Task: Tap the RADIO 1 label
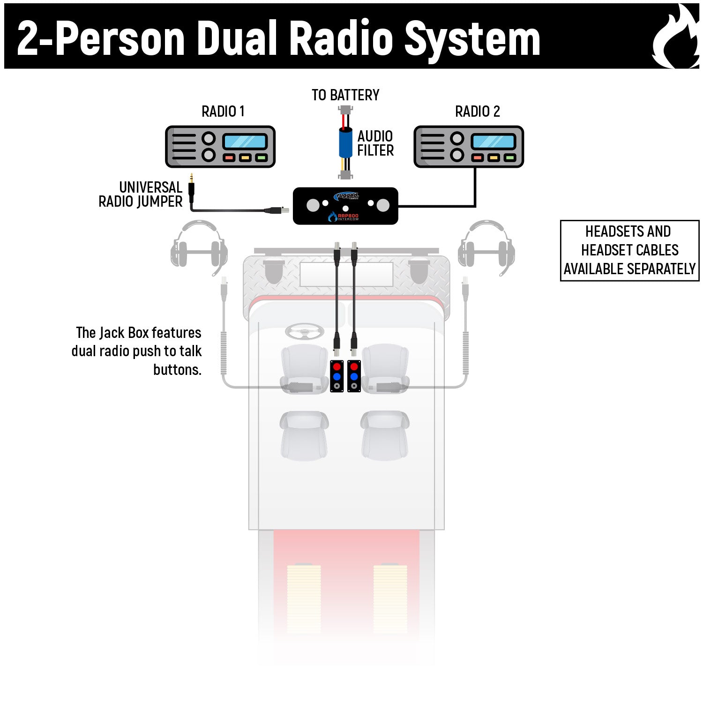coord(223,112)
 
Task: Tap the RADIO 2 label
coord(477,112)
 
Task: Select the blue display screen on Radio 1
coord(245,141)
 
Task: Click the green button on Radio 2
coord(509,158)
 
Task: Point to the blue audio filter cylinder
coord(345,142)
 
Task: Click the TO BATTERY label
coord(345,95)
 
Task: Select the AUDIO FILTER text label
coord(375,143)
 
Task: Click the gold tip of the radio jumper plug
coord(191,178)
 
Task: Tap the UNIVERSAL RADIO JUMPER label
coord(140,194)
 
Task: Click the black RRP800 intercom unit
coord(345,206)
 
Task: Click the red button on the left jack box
coord(337,366)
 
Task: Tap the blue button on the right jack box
coord(354,377)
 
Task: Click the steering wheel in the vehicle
coord(304,332)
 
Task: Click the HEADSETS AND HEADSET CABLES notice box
coord(629,250)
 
